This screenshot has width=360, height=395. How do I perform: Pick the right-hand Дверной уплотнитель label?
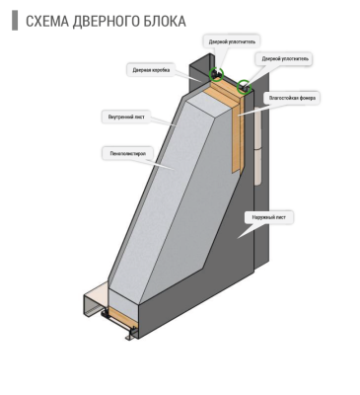285,59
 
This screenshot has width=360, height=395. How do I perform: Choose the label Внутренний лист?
126,117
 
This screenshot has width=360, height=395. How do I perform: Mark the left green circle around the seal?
215,74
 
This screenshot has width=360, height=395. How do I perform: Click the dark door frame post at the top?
202,74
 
